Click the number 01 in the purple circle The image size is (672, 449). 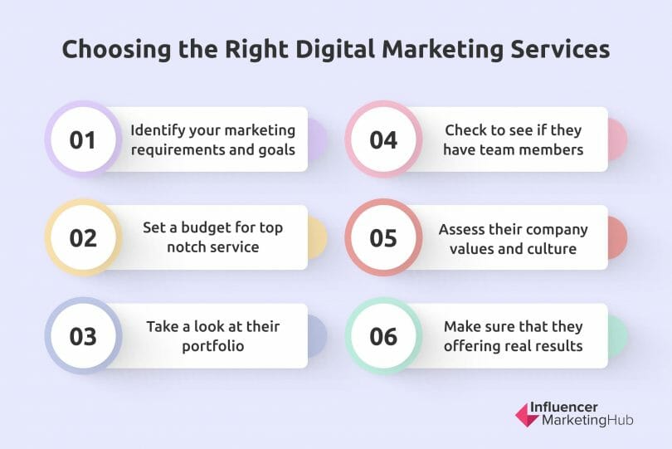pyautogui.click(x=83, y=139)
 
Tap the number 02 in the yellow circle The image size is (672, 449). pyautogui.click(x=83, y=237)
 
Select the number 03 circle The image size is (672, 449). pyautogui.click(x=83, y=336)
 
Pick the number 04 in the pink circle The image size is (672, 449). pyautogui.click(x=383, y=139)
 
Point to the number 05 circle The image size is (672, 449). pyautogui.click(x=383, y=237)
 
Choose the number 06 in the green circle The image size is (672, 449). pyautogui.click(x=383, y=336)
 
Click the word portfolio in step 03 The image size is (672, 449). pyautogui.click(x=213, y=345)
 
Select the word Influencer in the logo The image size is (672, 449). pyautogui.click(x=577, y=407)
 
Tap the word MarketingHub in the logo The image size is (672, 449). pyautogui.click(x=587, y=421)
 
